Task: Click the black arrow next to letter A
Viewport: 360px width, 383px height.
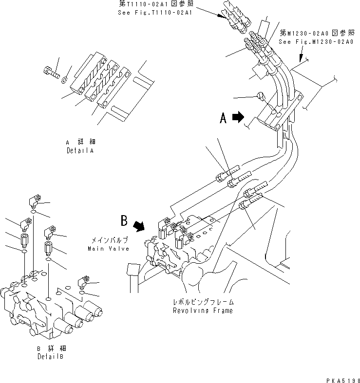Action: (x=239, y=117)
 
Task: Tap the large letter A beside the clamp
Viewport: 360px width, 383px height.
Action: (x=224, y=118)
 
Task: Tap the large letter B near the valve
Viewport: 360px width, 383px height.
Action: (x=125, y=221)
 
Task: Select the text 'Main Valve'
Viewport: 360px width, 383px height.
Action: (x=109, y=249)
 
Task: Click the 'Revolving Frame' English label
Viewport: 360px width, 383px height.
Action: (x=203, y=310)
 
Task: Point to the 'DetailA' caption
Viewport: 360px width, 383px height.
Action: (x=81, y=151)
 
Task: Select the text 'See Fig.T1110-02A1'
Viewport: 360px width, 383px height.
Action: (x=155, y=13)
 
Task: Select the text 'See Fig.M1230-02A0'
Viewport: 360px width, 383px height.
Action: (x=316, y=42)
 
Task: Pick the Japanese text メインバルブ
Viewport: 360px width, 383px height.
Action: (x=108, y=241)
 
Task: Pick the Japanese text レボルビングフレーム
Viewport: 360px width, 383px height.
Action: (x=203, y=302)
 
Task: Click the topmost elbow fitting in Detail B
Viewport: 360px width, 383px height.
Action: (x=35, y=200)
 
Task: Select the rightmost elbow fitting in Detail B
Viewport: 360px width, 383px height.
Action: (x=83, y=282)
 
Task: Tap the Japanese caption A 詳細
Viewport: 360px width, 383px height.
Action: (x=81, y=142)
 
